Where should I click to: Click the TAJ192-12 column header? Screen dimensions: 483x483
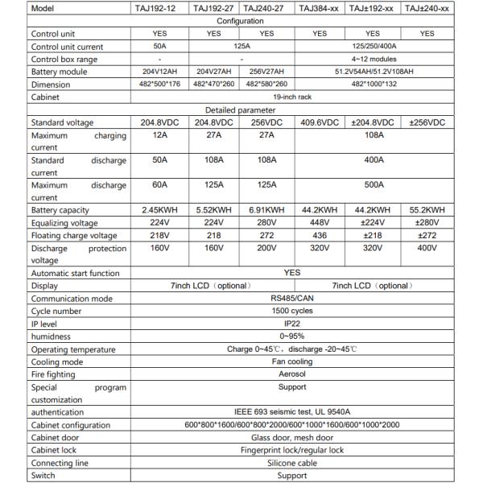(x=159, y=8)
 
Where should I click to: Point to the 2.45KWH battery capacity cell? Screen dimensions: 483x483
(x=159, y=210)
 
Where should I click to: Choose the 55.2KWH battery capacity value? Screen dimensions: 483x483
(x=427, y=210)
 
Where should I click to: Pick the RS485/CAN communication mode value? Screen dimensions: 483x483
(x=292, y=299)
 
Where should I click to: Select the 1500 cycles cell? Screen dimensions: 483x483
(x=292, y=311)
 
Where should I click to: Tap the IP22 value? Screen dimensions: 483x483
(x=292, y=324)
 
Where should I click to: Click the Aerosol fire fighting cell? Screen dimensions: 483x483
(x=292, y=374)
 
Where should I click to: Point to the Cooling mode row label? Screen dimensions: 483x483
(x=56, y=361)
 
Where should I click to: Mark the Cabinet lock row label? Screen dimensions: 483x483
(x=56, y=450)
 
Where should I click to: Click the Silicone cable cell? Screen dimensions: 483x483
(x=292, y=463)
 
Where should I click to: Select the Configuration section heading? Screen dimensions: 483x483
(x=241, y=21)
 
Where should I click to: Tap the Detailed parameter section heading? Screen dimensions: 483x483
(x=241, y=109)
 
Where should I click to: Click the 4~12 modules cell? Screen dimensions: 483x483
(x=373, y=59)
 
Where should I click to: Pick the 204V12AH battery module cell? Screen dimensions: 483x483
(x=159, y=71)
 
